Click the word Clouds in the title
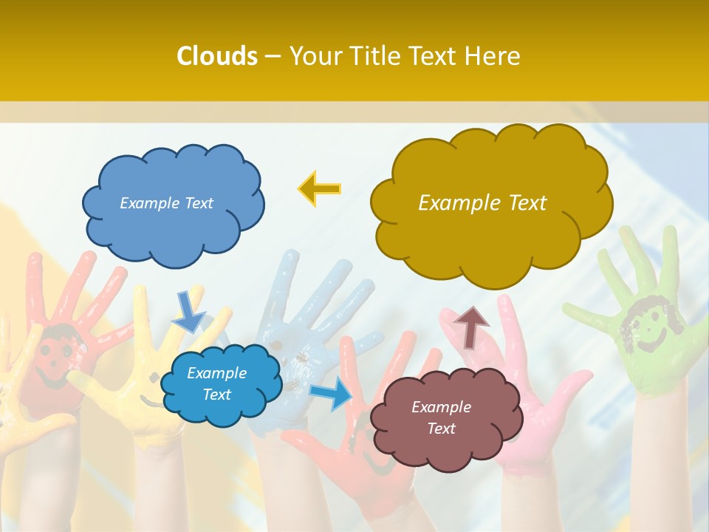pos(217,56)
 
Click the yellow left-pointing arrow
pos(320,189)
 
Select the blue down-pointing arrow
pos(188,311)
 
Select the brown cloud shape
pos(446,436)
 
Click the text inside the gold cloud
pos(482,203)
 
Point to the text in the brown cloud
pos(441,417)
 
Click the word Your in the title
pos(312,56)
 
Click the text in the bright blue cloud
pos(216,383)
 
